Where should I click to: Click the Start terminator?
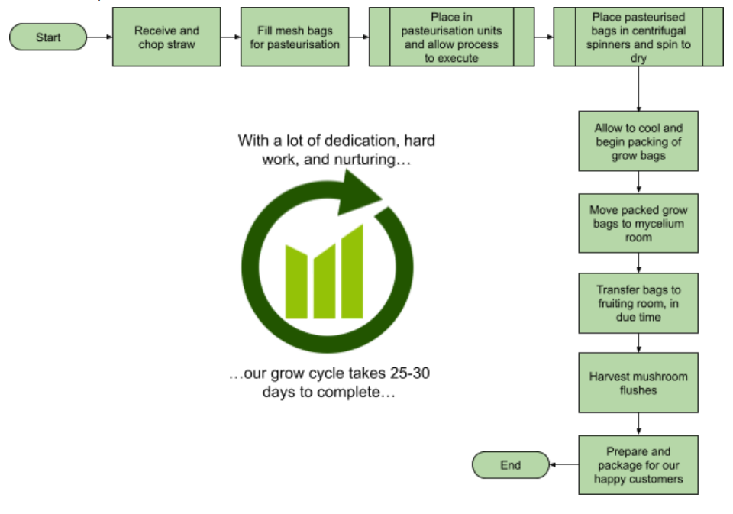point(47,37)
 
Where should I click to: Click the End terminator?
point(510,465)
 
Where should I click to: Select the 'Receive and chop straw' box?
point(166,37)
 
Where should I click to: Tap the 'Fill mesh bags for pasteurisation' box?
point(295,37)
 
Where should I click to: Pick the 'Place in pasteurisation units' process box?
point(451,37)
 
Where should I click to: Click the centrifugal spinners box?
point(638,37)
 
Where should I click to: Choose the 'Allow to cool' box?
point(638,142)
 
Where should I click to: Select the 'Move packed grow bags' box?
point(638,223)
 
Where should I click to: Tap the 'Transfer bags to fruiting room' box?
point(638,303)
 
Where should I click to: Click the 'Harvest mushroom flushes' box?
point(638,383)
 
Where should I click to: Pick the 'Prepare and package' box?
point(638,465)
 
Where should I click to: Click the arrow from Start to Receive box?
point(99,37)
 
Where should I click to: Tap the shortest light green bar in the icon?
point(297,282)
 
